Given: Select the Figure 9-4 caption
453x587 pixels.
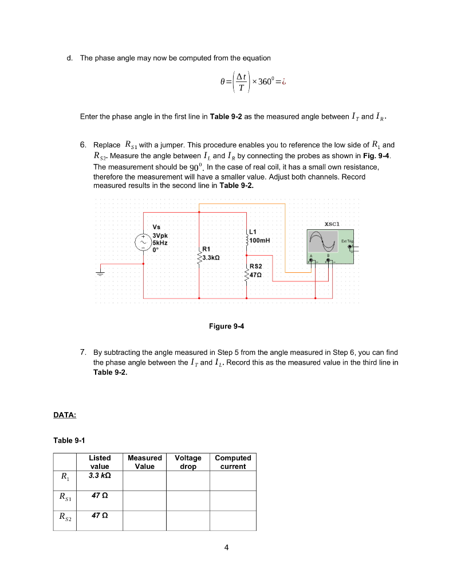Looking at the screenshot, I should (227, 326).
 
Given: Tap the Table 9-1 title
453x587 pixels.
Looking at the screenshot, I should (69, 440).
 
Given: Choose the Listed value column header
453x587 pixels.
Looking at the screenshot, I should (100, 462).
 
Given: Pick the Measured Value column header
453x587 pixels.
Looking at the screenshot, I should (144, 462).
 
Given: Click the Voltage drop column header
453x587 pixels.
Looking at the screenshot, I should (188, 462).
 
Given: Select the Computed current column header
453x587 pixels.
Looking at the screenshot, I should (233, 462).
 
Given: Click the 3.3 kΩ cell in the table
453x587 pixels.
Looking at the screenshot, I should (100, 475).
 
